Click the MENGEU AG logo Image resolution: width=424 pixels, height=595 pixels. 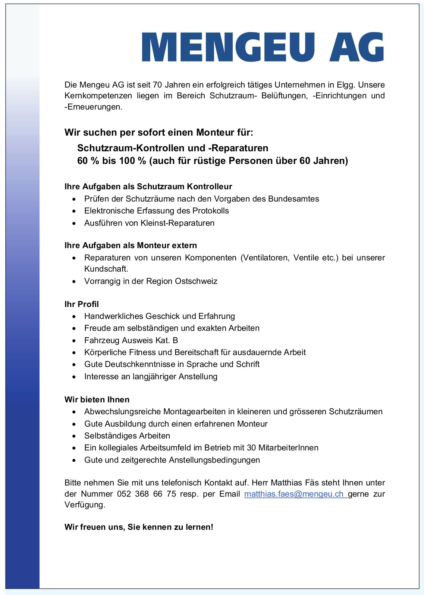(x=263, y=47)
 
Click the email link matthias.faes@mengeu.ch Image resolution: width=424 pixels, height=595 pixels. (x=294, y=494)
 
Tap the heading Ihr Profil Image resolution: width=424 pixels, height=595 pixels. (x=82, y=304)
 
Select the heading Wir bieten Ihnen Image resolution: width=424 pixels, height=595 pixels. (x=97, y=399)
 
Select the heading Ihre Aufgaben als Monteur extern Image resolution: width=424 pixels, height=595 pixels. (x=131, y=245)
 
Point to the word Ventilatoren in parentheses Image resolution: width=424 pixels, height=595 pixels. (x=265, y=257)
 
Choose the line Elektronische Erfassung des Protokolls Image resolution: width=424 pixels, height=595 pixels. (x=156, y=211)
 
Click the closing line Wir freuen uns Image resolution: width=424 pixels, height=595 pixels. (x=139, y=527)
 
